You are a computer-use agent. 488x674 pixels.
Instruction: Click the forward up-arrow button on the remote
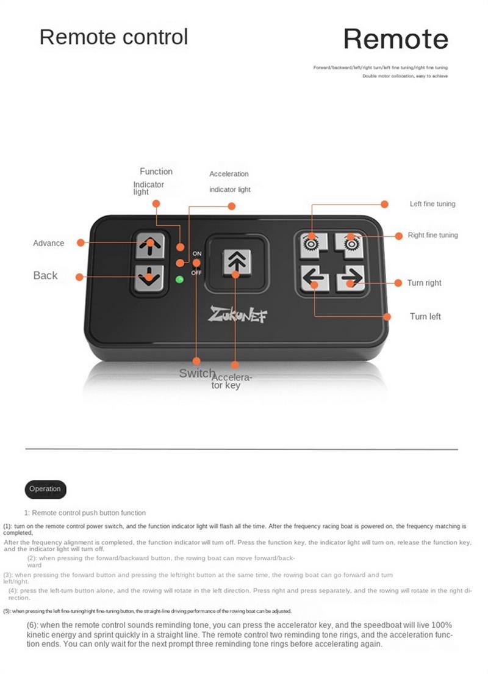click(x=148, y=245)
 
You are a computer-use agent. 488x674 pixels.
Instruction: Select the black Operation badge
click(x=45, y=489)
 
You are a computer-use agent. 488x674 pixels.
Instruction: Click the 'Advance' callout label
click(x=48, y=243)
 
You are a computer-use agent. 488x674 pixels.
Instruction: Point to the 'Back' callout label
click(x=45, y=276)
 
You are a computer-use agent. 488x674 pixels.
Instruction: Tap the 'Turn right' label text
click(x=425, y=283)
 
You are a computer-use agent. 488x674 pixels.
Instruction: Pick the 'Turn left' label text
click(x=425, y=316)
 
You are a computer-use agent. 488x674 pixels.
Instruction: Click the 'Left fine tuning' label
click(x=432, y=204)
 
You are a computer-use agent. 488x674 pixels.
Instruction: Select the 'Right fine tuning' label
click(x=432, y=235)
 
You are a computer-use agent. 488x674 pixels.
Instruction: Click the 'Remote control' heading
click(x=114, y=37)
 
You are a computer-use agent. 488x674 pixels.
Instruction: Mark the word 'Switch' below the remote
click(x=196, y=373)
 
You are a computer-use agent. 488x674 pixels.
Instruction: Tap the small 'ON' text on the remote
click(x=197, y=253)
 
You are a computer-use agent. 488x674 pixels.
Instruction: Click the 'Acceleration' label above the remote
click(x=229, y=174)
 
